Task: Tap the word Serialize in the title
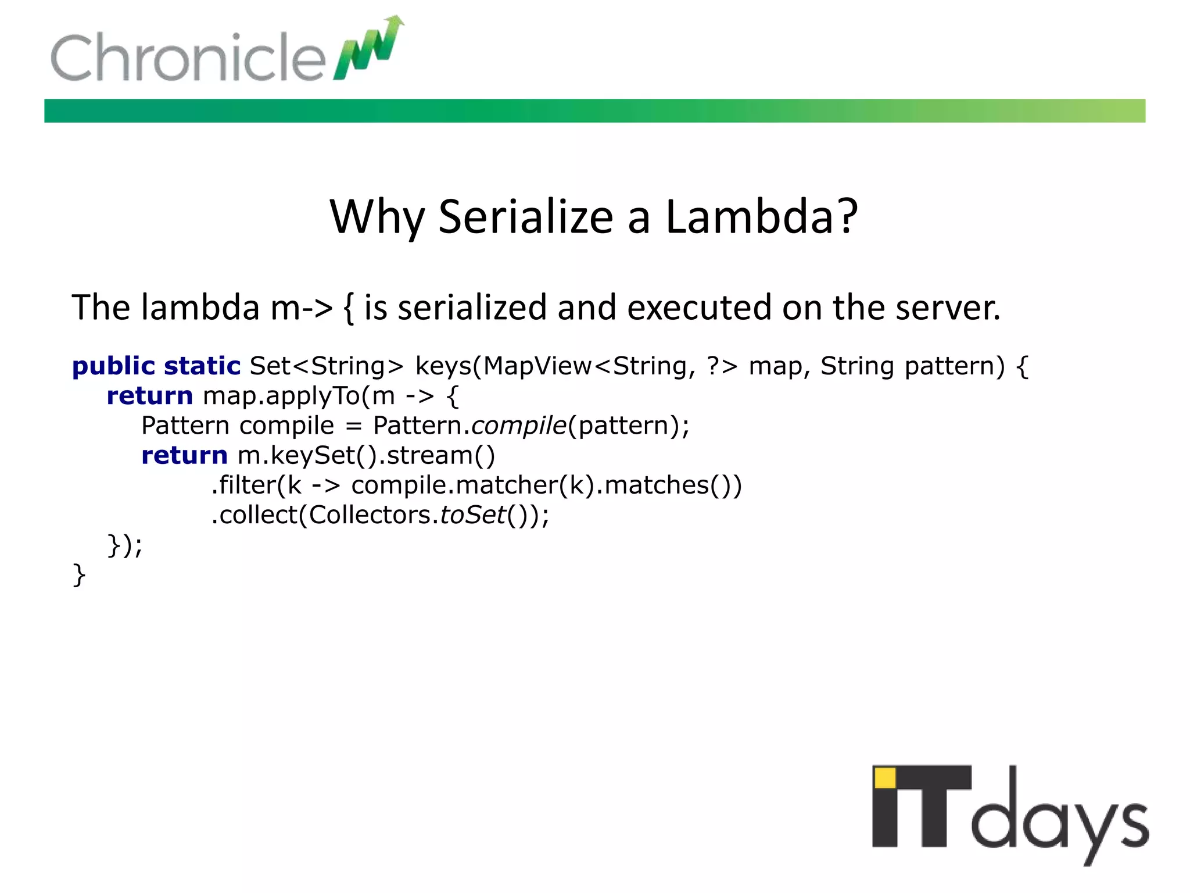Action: click(526, 217)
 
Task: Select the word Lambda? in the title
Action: click(761, 217)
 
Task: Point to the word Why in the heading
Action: click(377, 218)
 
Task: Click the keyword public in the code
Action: click(113, 366)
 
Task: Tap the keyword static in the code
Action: click(202, 366)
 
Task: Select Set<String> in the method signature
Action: click(327, 366)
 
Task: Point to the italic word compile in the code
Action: click(518, 426)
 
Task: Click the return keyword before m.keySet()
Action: click(184, 456)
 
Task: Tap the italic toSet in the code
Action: click(473, 515)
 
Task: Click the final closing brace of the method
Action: click(79, 575)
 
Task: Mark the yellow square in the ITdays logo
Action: click(885, 778)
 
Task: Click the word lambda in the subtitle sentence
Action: click(200, 308)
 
